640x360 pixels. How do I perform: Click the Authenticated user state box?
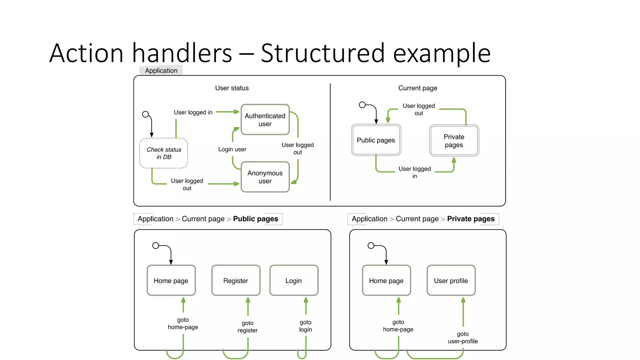point(265,120)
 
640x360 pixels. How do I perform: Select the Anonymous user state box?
point(265,177)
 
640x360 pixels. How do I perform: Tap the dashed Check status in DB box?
point(164,153)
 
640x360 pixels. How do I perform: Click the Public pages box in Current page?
point(376,140)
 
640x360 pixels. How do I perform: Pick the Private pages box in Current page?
point(454,141)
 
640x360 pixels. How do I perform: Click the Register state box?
point(236,280)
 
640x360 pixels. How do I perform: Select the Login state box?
point(294,280)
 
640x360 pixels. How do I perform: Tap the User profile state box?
point(451,280)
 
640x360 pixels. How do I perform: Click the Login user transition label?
point(232,149)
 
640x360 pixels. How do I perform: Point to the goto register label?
point(247,327)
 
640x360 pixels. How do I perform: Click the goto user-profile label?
point(463,337)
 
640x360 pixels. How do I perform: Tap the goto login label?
point(305,326)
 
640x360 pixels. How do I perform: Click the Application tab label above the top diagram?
point(161,71)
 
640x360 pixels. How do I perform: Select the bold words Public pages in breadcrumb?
point(255,219)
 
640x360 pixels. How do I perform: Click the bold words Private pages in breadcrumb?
point(471,219)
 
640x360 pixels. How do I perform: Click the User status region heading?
point(232,88)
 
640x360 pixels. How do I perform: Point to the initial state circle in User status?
point(145,114)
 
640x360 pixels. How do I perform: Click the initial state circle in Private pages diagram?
point(371,246)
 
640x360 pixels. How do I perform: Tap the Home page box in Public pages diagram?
point(171,280)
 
